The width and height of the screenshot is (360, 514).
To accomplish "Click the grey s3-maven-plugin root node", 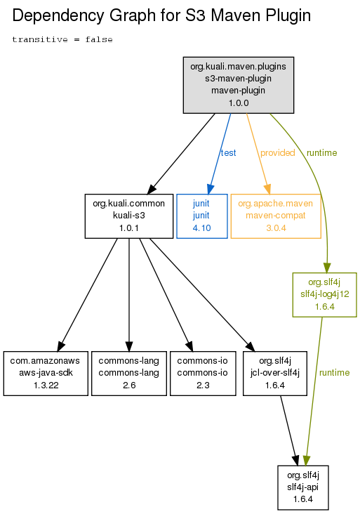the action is coord(238,85).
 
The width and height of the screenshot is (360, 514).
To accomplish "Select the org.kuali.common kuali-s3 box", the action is coord(128,216).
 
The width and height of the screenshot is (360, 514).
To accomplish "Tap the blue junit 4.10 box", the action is coord(202,216).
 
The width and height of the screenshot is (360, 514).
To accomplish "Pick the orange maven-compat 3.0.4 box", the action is coord(276,216).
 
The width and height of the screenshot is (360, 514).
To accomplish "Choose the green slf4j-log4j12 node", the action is coord(325,295).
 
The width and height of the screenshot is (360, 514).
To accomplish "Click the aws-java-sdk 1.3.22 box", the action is coord(46,374).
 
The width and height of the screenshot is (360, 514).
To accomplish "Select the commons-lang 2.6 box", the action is coord(128,374).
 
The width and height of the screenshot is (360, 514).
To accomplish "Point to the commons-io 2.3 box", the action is coord(203,374).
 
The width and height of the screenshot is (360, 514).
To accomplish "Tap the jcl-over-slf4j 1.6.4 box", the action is coord(275,374).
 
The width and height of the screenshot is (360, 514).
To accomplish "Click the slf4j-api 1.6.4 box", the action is coord(303,487).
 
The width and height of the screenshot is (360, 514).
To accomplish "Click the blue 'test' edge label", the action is coord(228,153).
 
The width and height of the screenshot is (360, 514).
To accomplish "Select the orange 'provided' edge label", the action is coord(277,153).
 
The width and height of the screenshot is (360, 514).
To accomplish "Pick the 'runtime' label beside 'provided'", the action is coord(321,153).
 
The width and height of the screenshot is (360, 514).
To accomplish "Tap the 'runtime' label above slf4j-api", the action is coord(335,373).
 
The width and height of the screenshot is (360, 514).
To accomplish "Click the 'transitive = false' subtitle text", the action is coord(62,39).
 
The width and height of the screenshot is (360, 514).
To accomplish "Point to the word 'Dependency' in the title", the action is coord(58,15).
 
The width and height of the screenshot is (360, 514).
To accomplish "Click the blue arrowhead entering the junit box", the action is coord(210,189).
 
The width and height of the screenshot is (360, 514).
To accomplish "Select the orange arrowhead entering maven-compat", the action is coord(268,189).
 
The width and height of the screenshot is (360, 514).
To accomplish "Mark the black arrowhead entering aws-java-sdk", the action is coord(60,346).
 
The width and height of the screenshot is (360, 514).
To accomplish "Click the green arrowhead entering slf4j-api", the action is coord(306,460).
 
